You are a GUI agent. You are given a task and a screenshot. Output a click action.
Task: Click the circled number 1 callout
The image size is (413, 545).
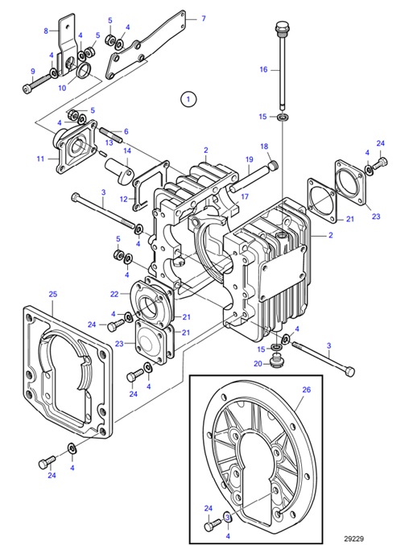tap(188, 100)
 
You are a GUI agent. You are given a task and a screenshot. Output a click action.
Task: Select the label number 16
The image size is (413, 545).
tap(263, 70)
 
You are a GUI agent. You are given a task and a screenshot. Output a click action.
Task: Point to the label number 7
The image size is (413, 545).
tap(203, 18)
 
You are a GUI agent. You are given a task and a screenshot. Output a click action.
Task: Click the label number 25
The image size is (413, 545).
tap(52, 295)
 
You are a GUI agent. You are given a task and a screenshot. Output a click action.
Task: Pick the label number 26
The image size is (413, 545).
tap(305, 390)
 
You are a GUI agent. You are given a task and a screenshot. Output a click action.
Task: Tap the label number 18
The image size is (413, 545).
tap(263, 146)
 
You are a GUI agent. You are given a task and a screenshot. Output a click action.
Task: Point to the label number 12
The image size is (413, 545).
tap(122, 198)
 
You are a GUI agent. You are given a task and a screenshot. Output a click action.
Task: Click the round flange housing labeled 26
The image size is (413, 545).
tap(258, 451)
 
